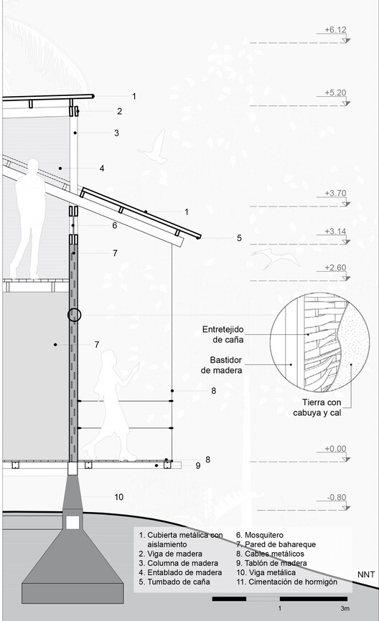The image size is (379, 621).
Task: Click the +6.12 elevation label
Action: coord(335,29)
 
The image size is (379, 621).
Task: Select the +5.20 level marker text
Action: coord(335,93)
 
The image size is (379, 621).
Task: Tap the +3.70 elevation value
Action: coord(335,194)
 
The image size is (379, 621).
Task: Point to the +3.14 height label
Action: coord(335,232)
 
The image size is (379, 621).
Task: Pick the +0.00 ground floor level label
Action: coord(335,449)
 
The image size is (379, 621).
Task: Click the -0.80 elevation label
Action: coord(337,497)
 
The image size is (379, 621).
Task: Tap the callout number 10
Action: coord(119,497)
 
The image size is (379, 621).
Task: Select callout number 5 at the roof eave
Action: coord(239,238)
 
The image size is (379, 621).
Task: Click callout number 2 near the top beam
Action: coord(120,111)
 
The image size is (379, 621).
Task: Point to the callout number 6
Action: coord(115,225)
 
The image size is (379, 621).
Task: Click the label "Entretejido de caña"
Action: coord(223,335)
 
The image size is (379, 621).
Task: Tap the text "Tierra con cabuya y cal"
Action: coord(317,407)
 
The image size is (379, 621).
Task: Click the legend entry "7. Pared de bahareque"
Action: coord(276,544)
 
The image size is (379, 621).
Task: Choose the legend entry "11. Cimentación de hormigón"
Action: coord(287,582)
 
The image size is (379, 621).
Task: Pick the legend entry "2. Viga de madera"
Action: coord(170,554)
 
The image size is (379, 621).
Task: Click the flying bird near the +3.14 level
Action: coord(275,258)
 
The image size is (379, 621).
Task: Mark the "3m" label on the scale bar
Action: coord(345,608)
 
